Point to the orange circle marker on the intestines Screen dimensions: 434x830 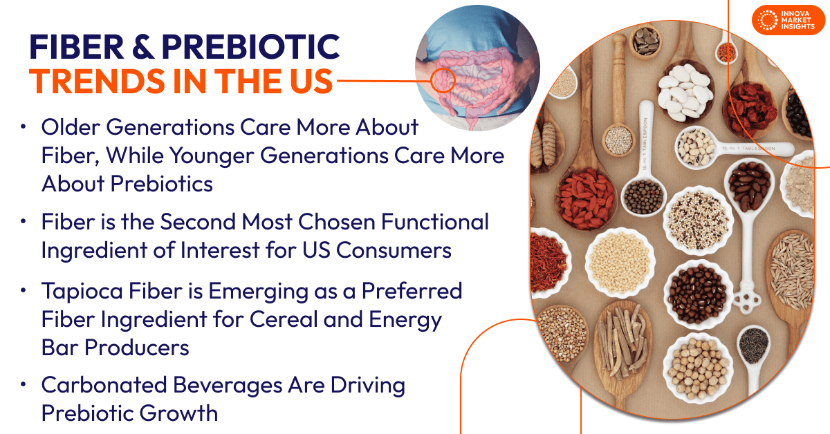[442, 80]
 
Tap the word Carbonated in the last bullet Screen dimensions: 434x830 [103, 385]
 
